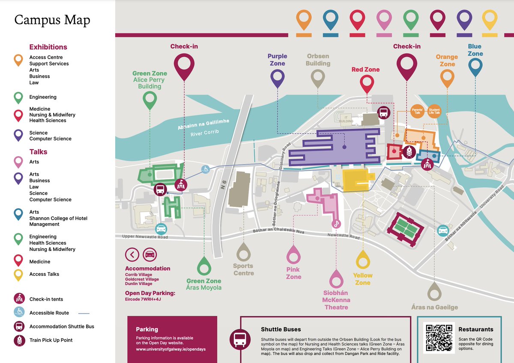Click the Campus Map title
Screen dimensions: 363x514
pos(52,20)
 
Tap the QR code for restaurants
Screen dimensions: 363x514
pos(438,338)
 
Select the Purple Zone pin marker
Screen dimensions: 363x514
pos(278,78)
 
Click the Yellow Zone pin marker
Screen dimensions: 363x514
pos(363,259)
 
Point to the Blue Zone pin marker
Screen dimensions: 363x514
pos(475,67)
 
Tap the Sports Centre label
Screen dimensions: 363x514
pos(243,269)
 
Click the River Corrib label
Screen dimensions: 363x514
pos(205,132)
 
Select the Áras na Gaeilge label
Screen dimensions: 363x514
pos(434,307)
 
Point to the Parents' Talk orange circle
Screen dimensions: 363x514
pos(417,110)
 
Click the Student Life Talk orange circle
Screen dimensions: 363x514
pos(434,110)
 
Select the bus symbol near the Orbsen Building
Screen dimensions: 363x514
pos(383,113)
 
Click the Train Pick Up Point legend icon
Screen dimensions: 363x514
pos(19,340)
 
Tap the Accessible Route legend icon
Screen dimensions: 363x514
pos(19,313)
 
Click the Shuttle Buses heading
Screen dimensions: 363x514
pos(281,329)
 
